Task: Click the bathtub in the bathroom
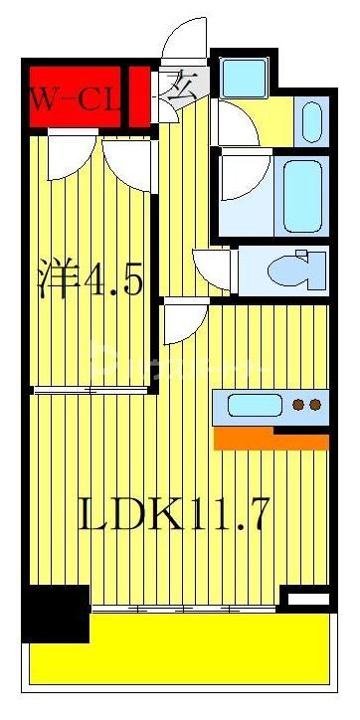click(304, 194)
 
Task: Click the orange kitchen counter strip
click(270, 439)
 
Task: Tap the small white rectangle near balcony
click(305, 599)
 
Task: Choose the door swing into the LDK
click(184, 323)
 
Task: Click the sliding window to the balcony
click(184, 608)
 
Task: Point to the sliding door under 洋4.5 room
click(90, 391)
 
